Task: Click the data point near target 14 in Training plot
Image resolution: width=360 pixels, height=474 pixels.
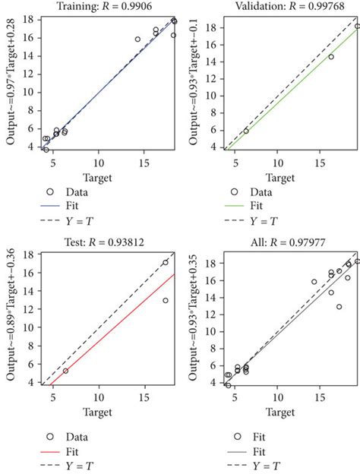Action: click(x=137, y=39)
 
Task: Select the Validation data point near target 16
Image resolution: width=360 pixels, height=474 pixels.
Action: click(x=330, y=56)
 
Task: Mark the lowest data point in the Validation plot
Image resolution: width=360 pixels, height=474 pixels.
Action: click(x=245, y=131)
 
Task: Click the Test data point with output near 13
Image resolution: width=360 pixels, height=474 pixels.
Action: click(x=166, y=301)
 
